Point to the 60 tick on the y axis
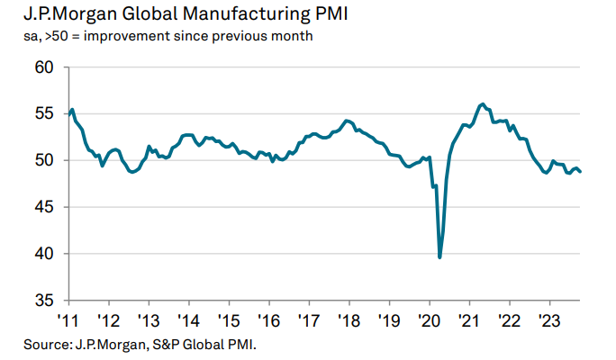pyautogui.click(x=44, y=67)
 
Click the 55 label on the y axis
pyautogui.click(x=44, y=114)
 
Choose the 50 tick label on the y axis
pyautogui.click(x=44, y=160)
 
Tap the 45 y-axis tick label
pyautogui.click(x=44, y=207)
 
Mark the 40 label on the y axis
pyautogui.click(x=44, y=254)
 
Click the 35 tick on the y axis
pyautogui.click(x=44, y=300)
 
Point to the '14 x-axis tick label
pyautogui.click(x=188, y=319)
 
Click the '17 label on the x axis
pyautogui.click(x=308, y=319)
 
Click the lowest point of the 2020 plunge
pyautogui.click(x=439, y=257)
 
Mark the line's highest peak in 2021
pyautogui.click(x=484, y=104)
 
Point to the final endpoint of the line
pyautogui.click(x=580, y=172)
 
